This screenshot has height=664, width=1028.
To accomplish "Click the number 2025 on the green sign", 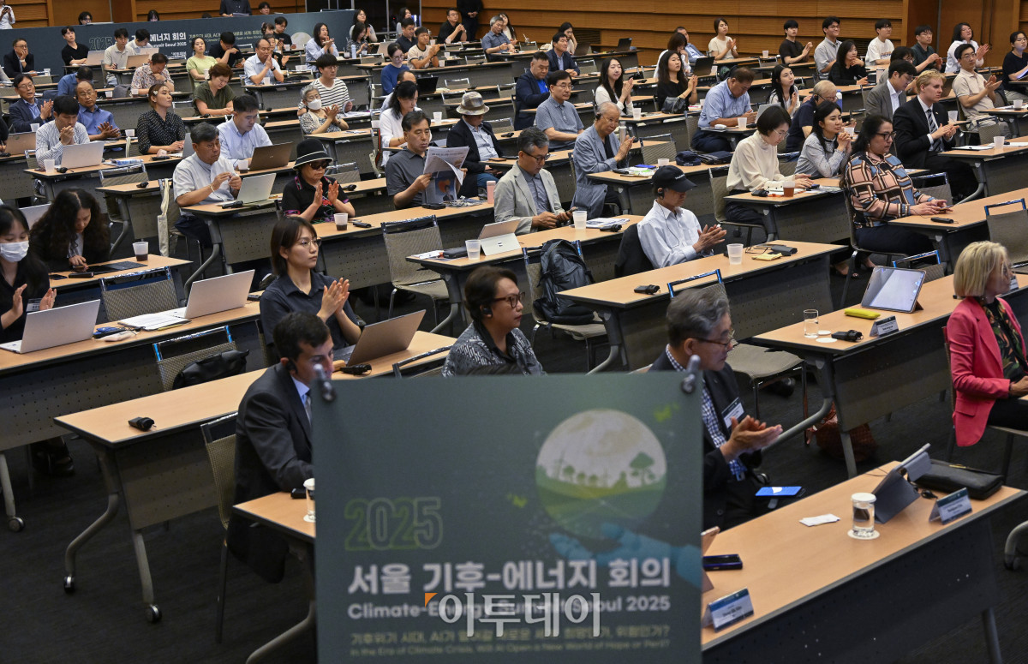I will (x=393, y=523).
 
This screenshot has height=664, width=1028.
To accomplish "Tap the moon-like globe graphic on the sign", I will (x=601, y=463).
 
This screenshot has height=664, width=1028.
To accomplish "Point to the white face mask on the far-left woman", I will (x=14, y=251).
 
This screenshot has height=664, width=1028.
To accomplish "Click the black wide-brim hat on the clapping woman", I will (x=311, y=153).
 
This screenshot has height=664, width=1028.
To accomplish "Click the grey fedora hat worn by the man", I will (x=471, y=104).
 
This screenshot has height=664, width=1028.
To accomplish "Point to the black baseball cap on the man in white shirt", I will (x=672, y=178).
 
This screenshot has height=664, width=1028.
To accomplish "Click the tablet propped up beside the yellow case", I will (x=893, y=289).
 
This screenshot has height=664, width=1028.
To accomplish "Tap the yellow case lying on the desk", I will (x=861, y=314).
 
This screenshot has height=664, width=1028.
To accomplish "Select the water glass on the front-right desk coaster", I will (x=863, y=514).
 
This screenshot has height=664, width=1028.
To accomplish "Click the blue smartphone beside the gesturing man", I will (x=778, y=492).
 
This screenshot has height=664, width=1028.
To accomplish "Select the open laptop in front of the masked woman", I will (x=54, y=326).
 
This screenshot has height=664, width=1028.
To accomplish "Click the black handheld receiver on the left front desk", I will (x=141, y=422).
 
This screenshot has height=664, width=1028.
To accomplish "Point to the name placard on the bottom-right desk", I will (x=730, y=609).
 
